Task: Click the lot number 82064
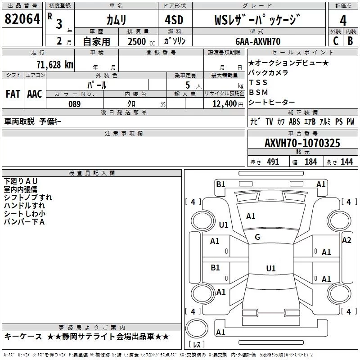(x=22, y=19)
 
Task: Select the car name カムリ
(x=116, y=20)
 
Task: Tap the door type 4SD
(x=176, y=20)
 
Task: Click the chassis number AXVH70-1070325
(x=302, y=143)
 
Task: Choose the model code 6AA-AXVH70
(x=258, y=41)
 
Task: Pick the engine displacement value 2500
(x=137, y=41)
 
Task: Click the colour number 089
(x=74, y=104)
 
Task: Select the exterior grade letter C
(x=335, y=41)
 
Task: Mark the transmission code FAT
(x=13, y=94)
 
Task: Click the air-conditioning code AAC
(x=34, y=94)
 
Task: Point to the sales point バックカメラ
(x=268, y=72)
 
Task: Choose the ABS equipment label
(x=294, y=121)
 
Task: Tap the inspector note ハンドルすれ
(x=24, y=206)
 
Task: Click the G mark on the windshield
(x=257, y=237)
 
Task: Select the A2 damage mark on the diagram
(x=346, y=240)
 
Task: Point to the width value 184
(x=310, y=162)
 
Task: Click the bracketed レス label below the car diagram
(x=196, y=345)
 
